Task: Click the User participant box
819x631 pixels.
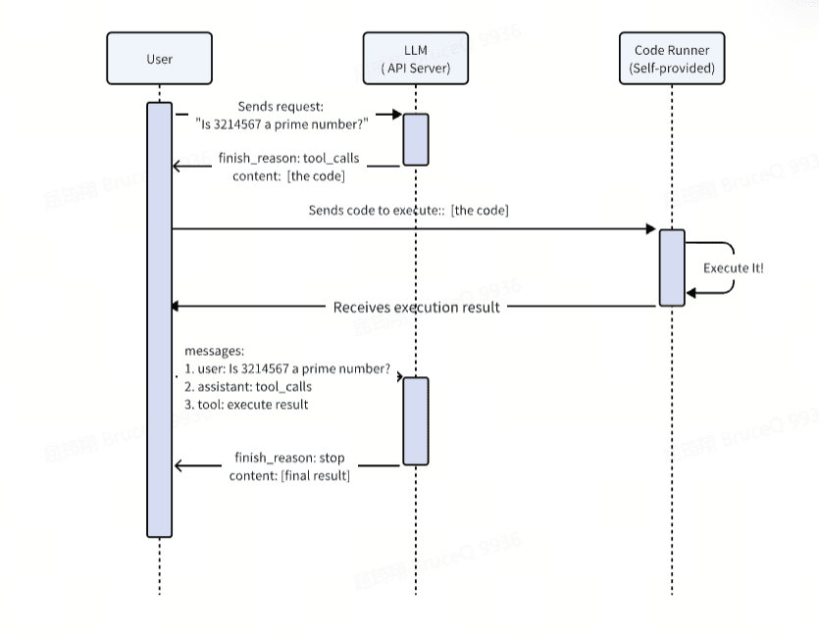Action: (159, 59)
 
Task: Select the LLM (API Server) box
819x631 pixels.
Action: (415, 59)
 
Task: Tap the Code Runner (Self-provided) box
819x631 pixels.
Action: (672, 59)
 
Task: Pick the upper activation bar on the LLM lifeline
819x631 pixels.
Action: (415, 139)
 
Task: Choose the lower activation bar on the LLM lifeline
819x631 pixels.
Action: (415, 420)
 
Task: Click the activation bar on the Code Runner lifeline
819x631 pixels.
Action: (672, 267)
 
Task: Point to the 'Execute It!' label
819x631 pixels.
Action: (733, 267)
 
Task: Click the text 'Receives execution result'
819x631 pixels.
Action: (417, 307)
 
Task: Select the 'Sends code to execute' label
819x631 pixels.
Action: (358, 211)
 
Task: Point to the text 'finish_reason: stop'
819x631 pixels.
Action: (289, 459)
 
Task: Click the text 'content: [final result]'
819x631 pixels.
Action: (291, 476)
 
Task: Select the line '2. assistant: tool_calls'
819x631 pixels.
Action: (248, 387)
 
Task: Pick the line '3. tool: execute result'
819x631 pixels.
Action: (246, 404)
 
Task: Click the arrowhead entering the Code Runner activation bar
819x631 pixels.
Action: (651, 229)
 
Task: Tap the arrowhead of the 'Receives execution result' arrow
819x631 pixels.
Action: (179, 307)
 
